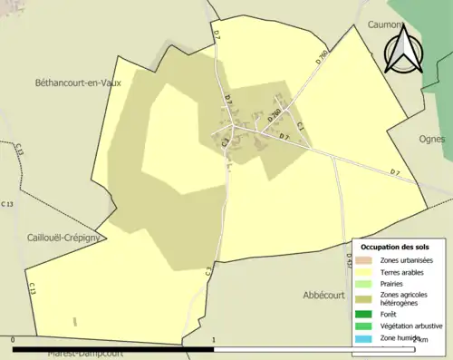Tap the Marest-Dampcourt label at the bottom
(x=86, y=354)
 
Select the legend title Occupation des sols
(x=395, y=247)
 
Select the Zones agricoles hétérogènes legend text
(x=404, y=299)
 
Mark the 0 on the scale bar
(x=13, y=341)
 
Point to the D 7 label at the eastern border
(x=395, y=172)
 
